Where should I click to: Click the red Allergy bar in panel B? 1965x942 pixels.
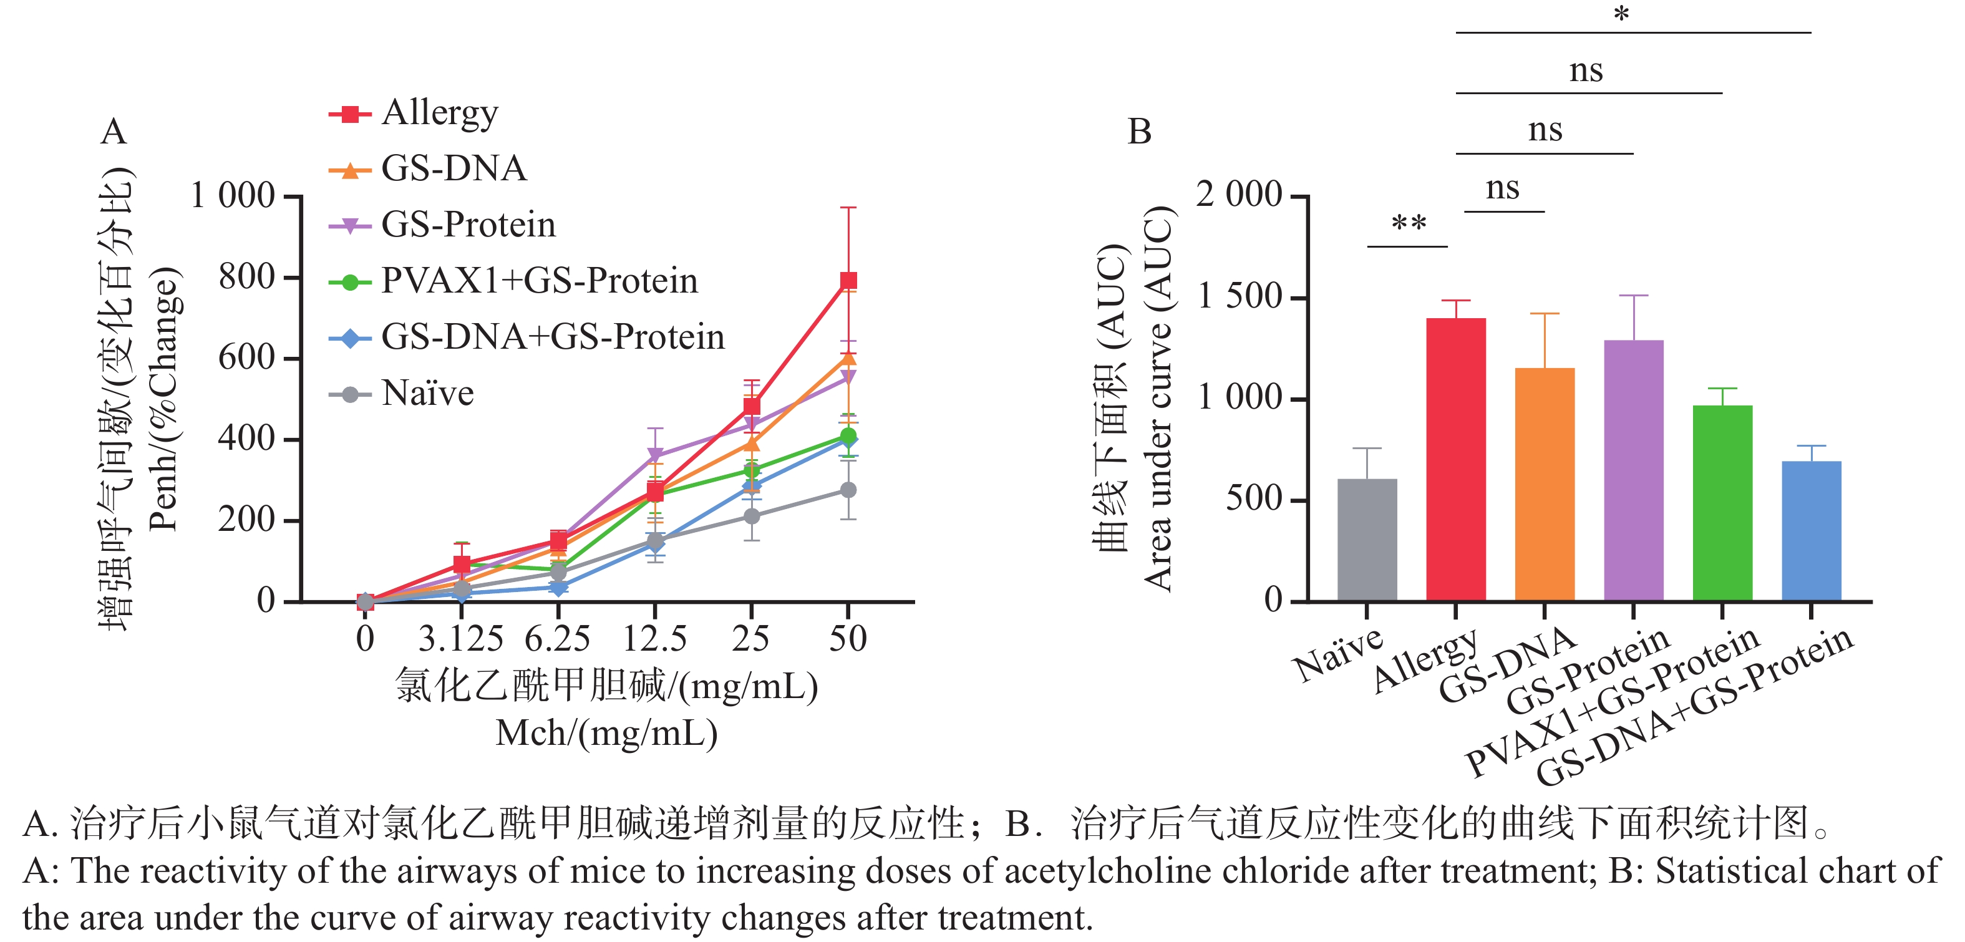pyautogui.click(x=1455, y=460)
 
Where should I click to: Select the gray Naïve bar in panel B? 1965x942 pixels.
pyautogui.click(x=1367, y=540)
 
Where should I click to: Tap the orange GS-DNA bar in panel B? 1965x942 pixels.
pyautogui.click(x=1545, y=485)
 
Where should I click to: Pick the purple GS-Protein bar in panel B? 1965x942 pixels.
pyautogui.click(x=1633, y=470)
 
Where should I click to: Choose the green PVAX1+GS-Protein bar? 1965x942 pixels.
pyautogui.click(x=1722, y=503)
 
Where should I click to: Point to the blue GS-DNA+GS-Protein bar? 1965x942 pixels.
pyautogui.click(x=1811, y=531)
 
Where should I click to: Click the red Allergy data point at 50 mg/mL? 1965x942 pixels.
pyautogui.click(x=848, y=281)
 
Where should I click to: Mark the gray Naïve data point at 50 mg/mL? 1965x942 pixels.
pyautogui.click(x=848, y=490)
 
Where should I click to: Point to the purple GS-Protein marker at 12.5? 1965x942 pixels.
pyautogui.click(x=655, y=455)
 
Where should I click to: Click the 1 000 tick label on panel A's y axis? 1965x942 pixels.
pyautogui.click(x=232, y=196)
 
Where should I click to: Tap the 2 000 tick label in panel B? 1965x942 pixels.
pyautogui.click(x=1239, y=195)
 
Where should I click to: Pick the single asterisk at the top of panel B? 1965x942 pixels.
pyautogui.click(x=1622, y=14)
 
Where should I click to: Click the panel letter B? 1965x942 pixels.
pyautogui.click(x=1140, y=132)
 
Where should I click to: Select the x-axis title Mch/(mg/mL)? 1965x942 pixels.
pyautogui.click(x=606, y=734)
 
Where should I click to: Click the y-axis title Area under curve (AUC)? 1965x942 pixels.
pyautogui.click(x=1158, y=398)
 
